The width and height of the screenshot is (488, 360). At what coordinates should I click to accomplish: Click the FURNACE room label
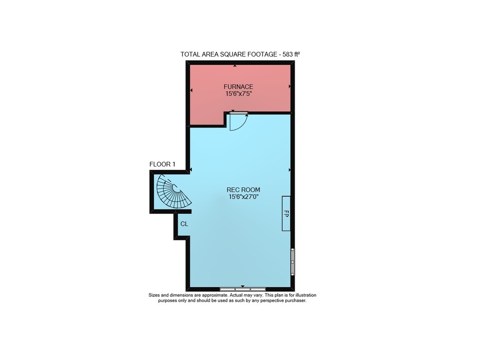pyautogui.click(x=238, y=86)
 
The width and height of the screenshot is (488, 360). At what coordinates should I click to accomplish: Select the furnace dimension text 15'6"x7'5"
pyautogui.click(x=238, y=93)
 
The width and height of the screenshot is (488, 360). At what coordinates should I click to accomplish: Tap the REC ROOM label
pyautogui.click(x=243, y=190)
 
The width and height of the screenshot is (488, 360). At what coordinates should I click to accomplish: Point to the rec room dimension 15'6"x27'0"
pyautogui.click(x=244, y=196)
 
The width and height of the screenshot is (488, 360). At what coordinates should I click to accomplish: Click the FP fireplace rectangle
pyautogui.click(x=286, y=213)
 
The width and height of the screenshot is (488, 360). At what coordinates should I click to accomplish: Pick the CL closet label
pyautogui.click(x=184, y=224)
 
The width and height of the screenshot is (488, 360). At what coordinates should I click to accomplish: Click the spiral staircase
pyautogui.click(x=173, y=192)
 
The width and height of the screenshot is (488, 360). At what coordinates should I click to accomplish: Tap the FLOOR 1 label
pyautogui.click(x=162, y=164)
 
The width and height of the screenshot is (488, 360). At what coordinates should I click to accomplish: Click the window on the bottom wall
pyautogui.click(x=243, y=289)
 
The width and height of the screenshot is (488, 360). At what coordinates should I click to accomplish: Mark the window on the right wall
pyautogui.click(x=292, y=262)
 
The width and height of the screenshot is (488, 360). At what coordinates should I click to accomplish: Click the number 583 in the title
pyautogui.click(x=288, y=54)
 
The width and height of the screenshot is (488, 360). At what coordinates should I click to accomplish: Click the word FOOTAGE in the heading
pyautogui.click(x=262, y=54)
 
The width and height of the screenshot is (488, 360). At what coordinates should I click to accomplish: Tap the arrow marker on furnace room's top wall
pyautogui.click(x=235, y=66)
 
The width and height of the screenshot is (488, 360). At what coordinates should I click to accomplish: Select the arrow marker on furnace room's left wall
pyautogui.click(x=191, y=90)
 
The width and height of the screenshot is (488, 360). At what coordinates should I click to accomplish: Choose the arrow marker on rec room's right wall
pyautogui.click(x=290, y=170)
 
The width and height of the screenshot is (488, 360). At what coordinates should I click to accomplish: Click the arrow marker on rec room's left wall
pyautogui.click(x=191, y=169)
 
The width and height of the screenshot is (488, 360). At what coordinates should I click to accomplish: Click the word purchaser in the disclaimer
pyautogui.click(x=297, y=301)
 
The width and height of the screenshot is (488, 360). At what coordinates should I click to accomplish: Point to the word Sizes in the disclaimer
pyautogui.click(x=154, y=295)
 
